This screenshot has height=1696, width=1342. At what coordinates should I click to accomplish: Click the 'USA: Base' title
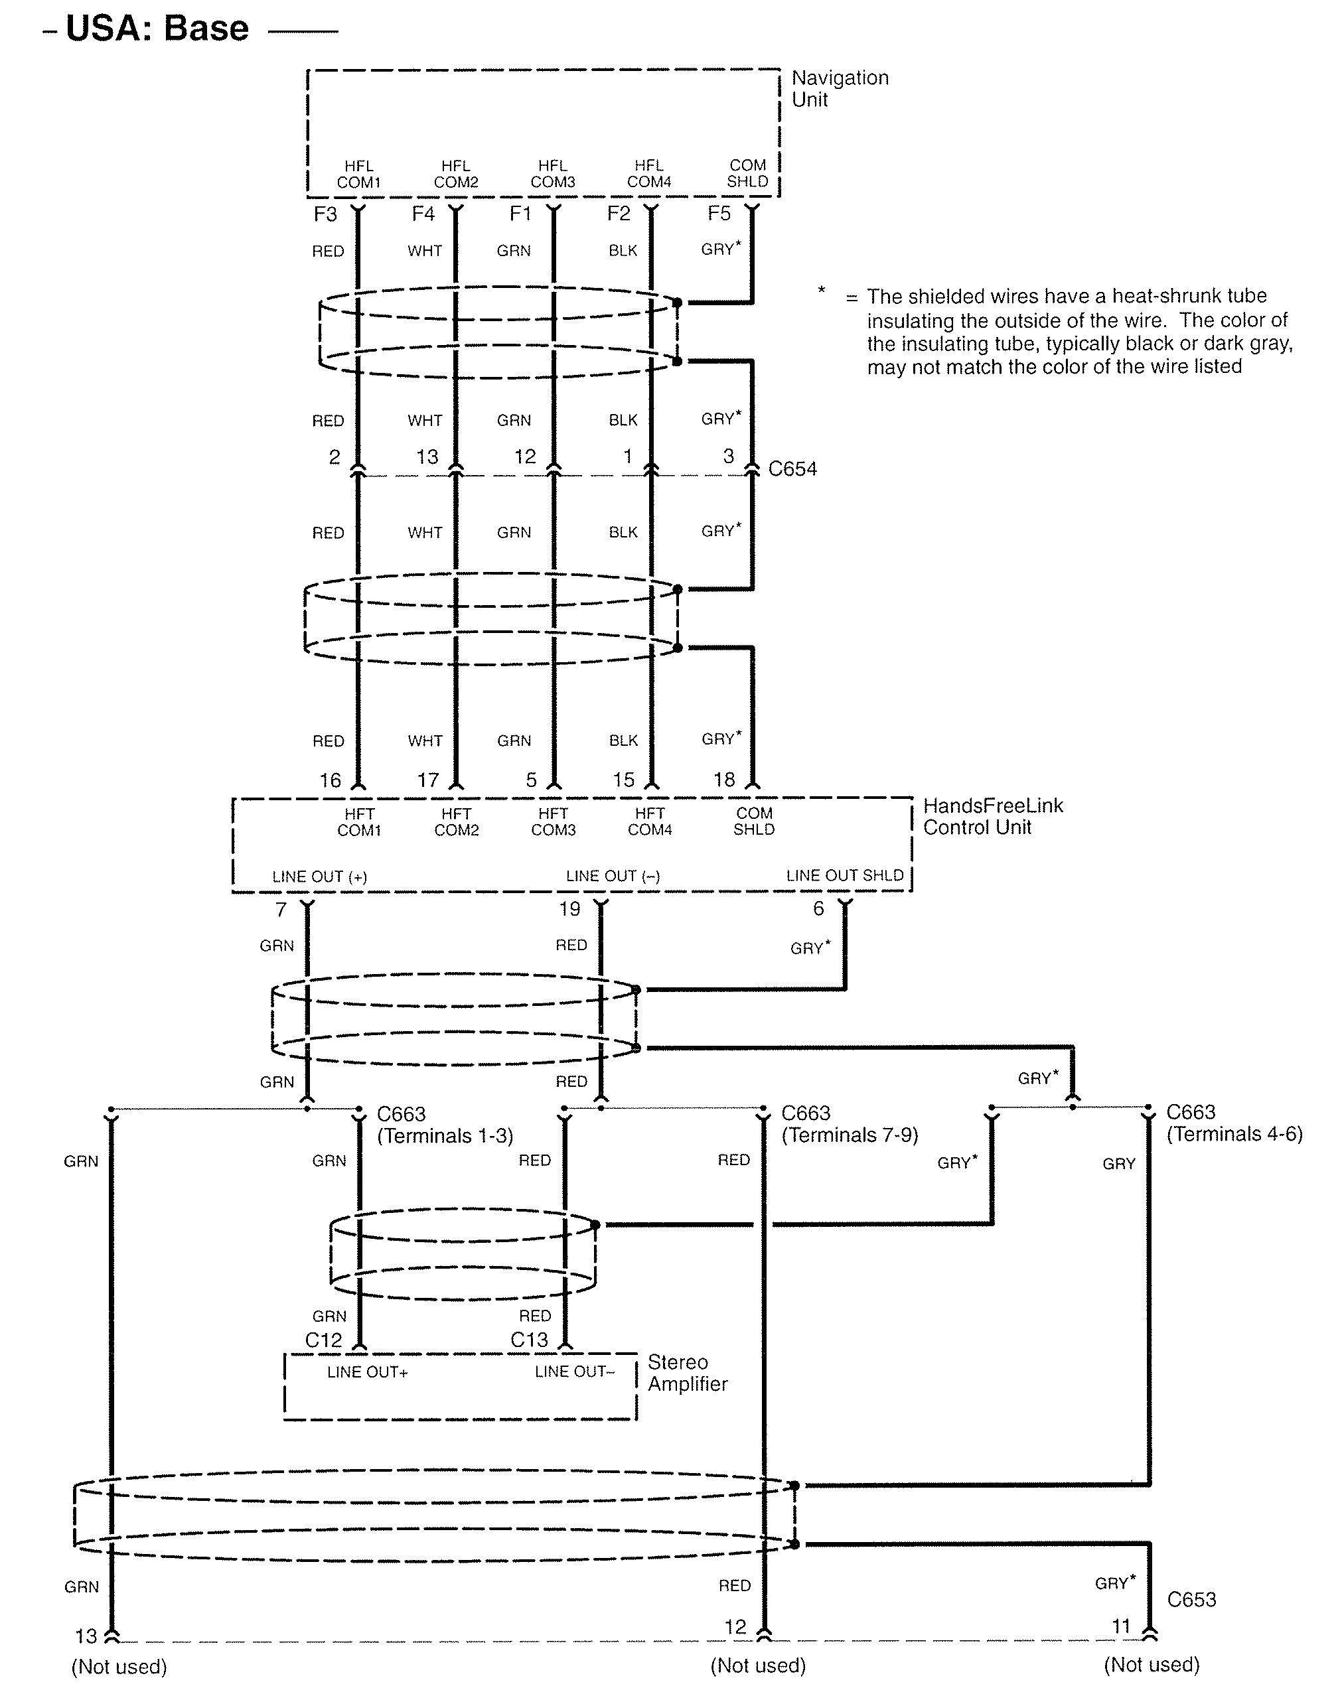157,29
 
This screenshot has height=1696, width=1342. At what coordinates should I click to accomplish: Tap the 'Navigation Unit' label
839,88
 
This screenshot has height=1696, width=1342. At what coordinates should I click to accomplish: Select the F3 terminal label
325,214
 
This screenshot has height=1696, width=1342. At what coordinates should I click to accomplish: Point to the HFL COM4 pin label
649,174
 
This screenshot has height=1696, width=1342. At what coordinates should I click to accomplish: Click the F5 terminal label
719,213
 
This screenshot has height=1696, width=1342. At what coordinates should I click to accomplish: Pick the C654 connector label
792,469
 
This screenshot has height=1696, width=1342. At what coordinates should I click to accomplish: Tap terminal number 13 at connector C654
427,457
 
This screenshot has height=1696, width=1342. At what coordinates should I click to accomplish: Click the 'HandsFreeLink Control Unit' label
992,815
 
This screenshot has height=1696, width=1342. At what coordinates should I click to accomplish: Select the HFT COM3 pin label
553,821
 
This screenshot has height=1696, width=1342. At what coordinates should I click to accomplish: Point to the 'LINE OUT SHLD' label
845,875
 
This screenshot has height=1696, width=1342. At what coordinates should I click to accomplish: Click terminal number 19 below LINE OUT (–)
569,909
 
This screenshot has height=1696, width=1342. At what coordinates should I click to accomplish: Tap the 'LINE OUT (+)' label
320,877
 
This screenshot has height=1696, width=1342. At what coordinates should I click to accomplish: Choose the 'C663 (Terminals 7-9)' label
850,1124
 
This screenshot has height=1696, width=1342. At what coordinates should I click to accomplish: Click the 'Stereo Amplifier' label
688,1372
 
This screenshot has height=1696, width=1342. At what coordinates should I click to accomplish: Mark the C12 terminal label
324,1340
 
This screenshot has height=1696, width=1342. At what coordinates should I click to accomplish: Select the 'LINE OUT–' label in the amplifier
574,1372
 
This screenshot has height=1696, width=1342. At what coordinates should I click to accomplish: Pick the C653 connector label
1191,1599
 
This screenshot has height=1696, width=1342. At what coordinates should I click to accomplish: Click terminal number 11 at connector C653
1121,1626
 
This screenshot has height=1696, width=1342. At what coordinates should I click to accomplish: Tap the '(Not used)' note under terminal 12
757,1665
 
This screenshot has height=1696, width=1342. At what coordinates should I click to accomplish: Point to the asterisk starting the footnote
822,291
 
